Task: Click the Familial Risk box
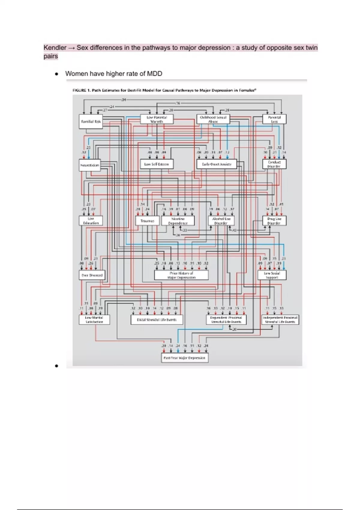pos(91,121)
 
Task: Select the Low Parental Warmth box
pos(157,119)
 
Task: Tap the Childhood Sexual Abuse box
pos(213,119)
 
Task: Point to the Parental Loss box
pos(274,119)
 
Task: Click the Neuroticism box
pos(90,165)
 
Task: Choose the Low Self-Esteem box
pos(157,164)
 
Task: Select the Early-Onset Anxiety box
pos(217,164)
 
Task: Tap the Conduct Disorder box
pos(274,164)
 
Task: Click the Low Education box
pos(91,220)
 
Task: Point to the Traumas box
pos(147,221)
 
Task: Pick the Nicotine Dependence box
pos(178,221)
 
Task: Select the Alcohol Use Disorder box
pos(221,221)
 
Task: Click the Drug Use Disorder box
pos(274,221)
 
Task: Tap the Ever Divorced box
pos(92,275)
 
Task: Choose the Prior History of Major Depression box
pos(181,275)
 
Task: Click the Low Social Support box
pos(272,275)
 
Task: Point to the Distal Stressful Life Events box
pos(157,319)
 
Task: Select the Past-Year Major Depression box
pos(184,358)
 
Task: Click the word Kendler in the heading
pos(55,48)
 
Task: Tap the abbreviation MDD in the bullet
pos(154,74)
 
